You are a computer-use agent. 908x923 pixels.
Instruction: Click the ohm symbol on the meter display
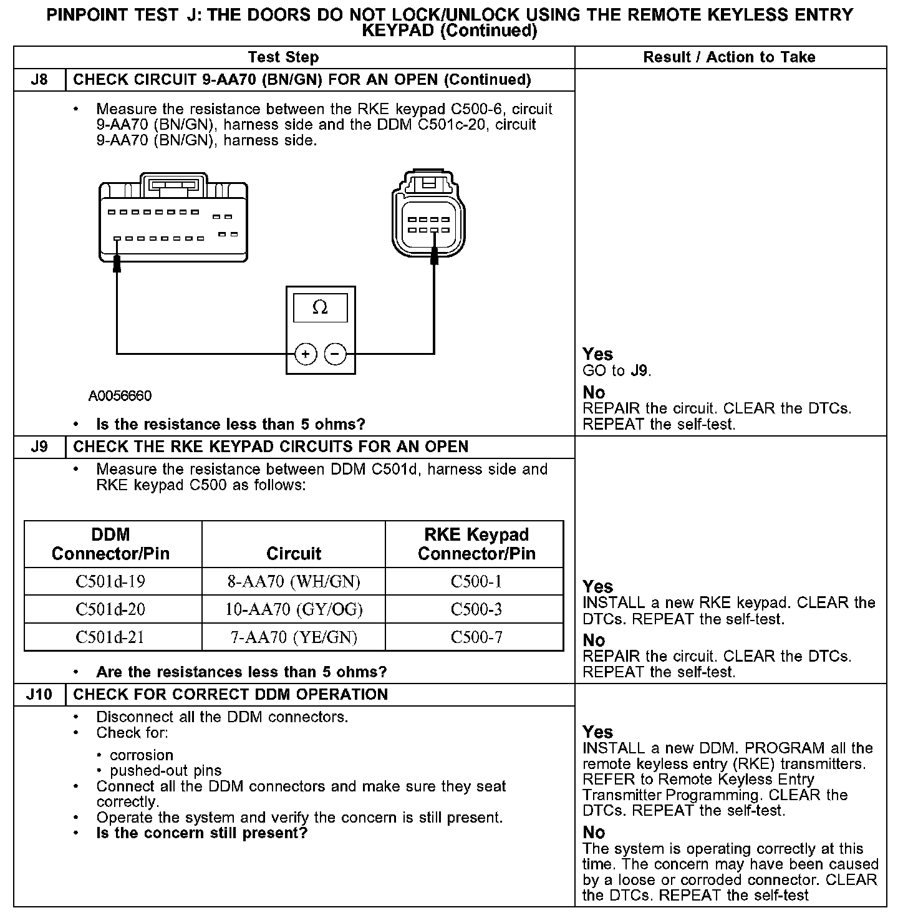(x=320, y=307)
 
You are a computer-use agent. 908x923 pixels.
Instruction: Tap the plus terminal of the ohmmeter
(x=306, y=354)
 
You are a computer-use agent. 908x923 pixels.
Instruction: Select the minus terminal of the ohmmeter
(x=336, y=354)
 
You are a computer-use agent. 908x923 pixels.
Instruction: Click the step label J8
(x=39, y=80)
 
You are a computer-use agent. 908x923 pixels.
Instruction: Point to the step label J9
(x=39, y=447)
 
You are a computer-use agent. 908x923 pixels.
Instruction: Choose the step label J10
(x=39, y=694)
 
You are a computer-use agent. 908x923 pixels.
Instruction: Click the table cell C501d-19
(x=110, y=581)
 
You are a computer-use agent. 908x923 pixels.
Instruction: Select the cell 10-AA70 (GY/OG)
(x=294, y=609)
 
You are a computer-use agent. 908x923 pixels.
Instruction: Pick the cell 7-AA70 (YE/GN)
(x=294, y=637)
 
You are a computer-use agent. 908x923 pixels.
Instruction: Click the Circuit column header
(x=294, y=553)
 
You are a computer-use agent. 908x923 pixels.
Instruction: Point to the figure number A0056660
(x=120, y=396)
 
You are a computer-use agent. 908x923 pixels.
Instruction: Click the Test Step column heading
(x=283, y=57)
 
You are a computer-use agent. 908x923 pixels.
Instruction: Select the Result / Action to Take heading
(x=729, y=57)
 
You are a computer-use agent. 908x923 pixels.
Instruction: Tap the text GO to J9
(x=617, y=371)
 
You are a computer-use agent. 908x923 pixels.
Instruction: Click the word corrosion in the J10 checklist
(x=142, y=755)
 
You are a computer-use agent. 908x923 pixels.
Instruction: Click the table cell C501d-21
(x=110, y=637)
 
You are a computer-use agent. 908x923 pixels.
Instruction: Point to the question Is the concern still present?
(x=202, y=833)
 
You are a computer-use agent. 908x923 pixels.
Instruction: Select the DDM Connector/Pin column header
(x=110, y=544)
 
